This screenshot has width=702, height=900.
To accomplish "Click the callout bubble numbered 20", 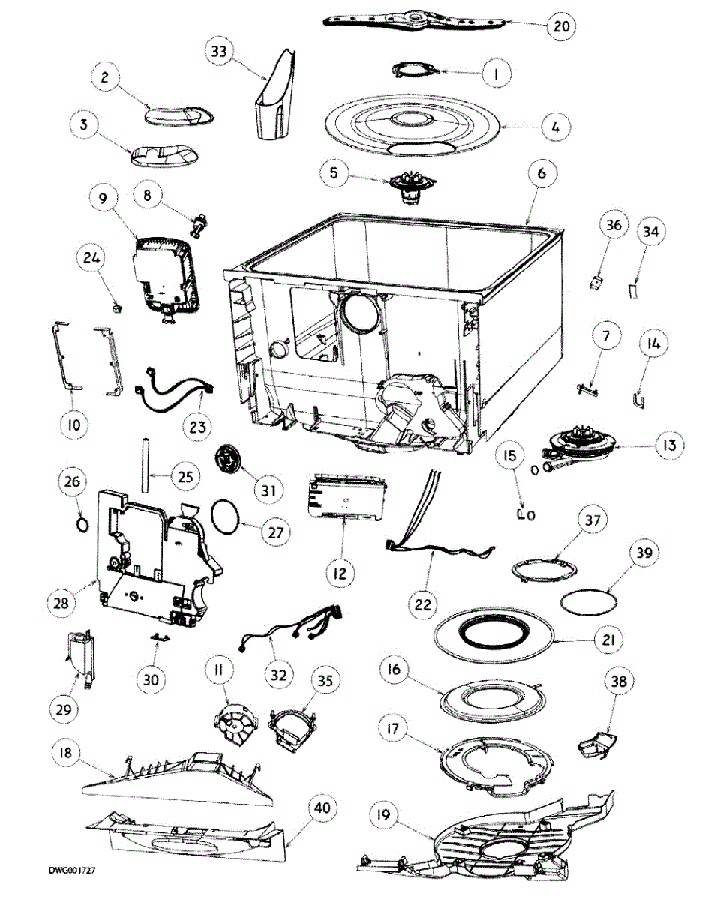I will pyautogui.click(x=561, y=25).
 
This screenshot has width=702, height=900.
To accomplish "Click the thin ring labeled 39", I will pyautogui.click(x=589, y=601).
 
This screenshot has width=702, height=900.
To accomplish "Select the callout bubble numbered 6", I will pyautogui.click(x=542, y=172).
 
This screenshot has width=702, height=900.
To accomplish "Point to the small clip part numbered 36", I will pyautogui.click(x=596, y=283).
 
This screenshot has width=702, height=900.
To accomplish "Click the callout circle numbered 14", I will pyautogui.click(x=652, y=344).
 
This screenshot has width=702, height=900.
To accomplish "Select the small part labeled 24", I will pyautogui.click(x=116, y=307).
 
